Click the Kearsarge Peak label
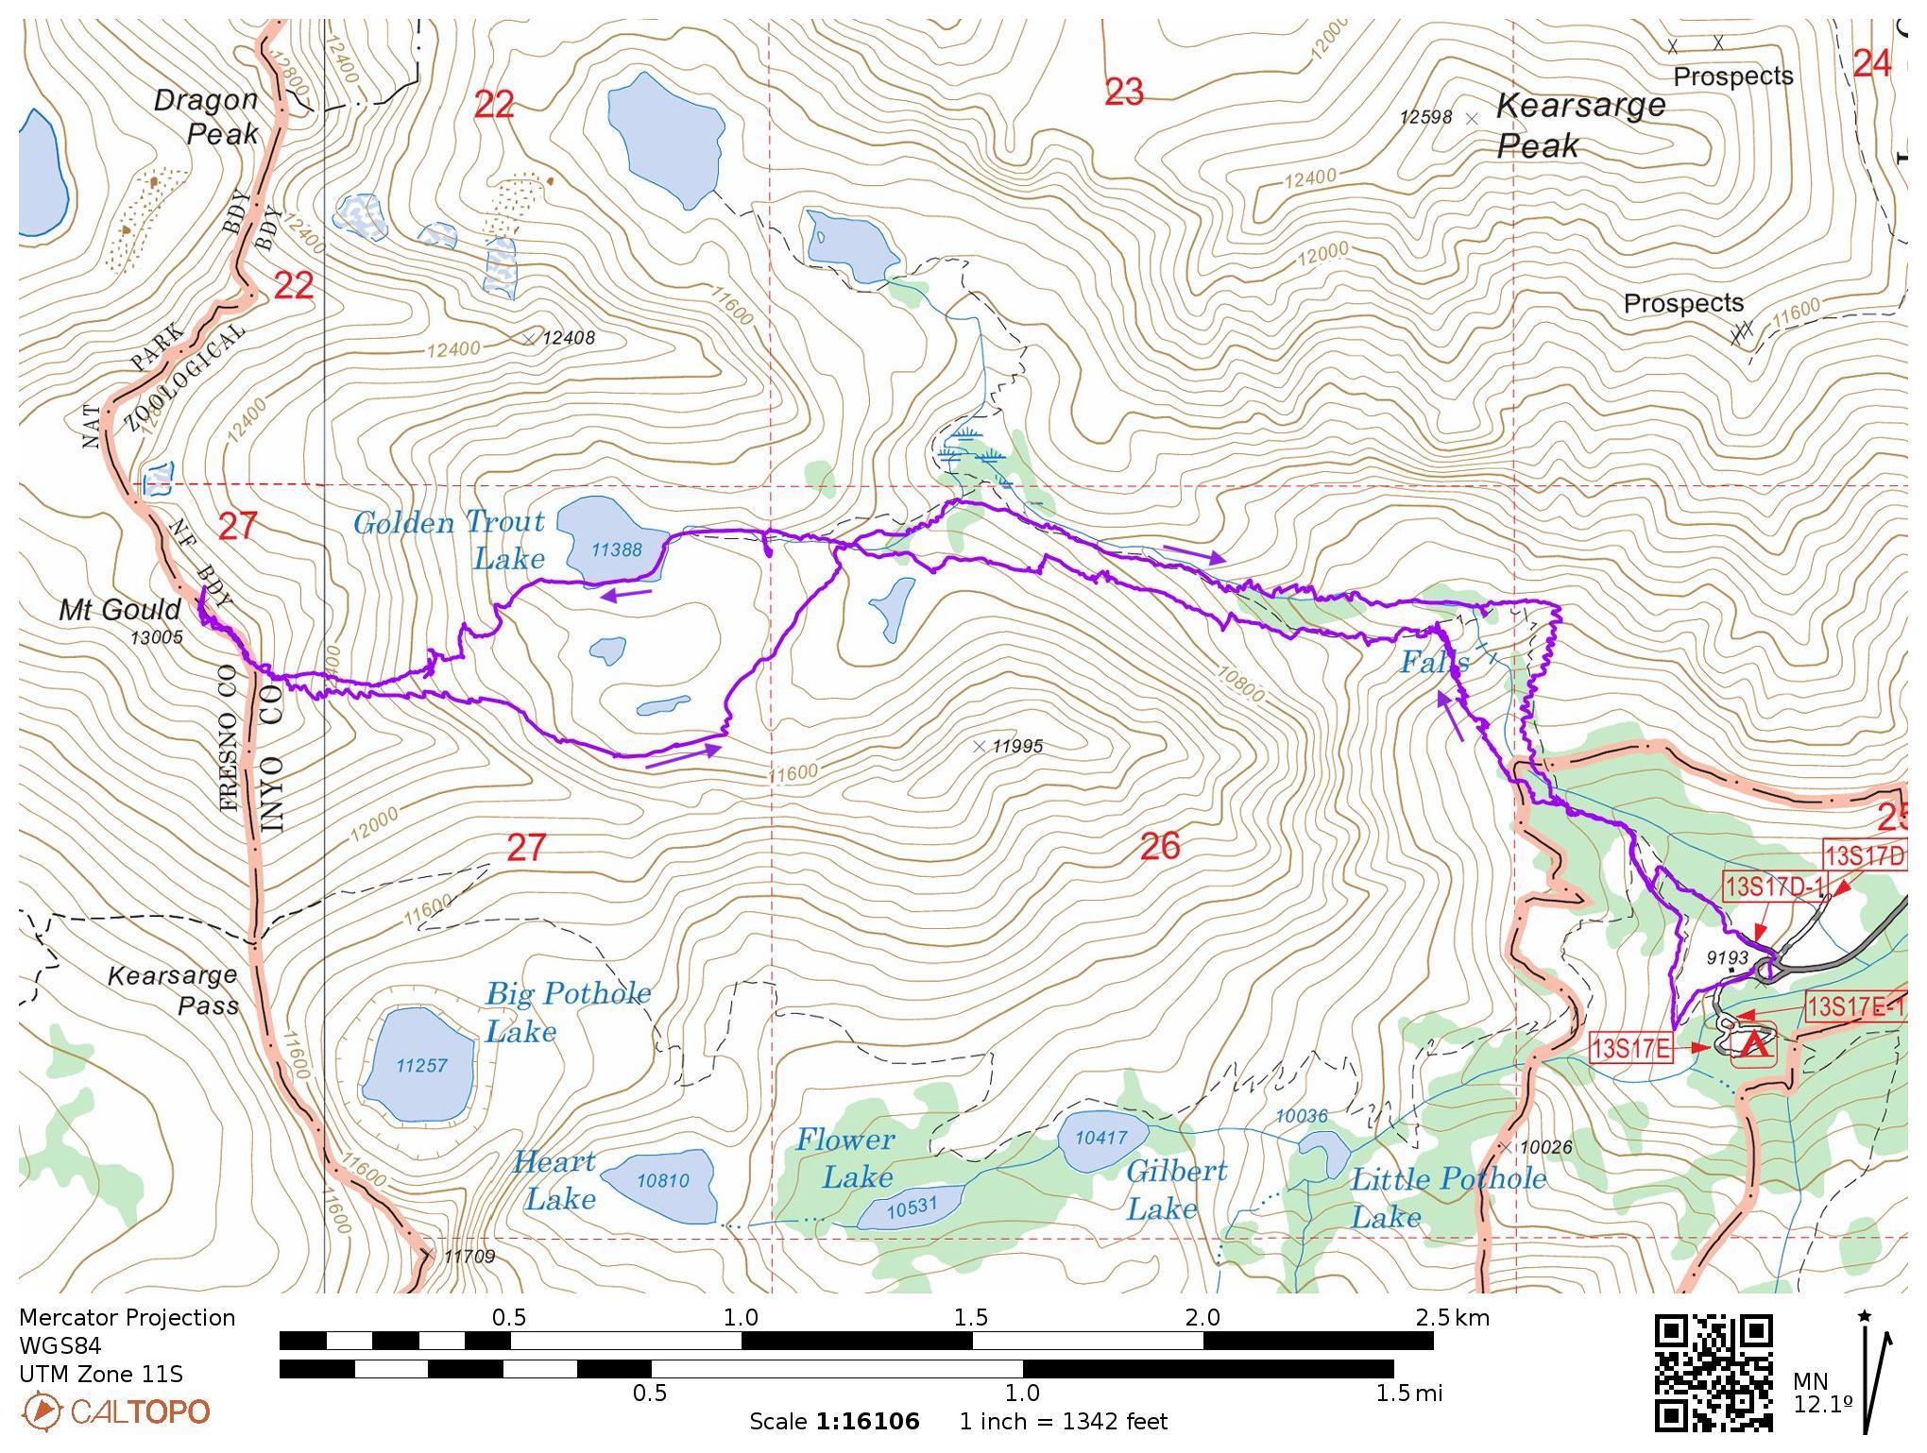coord(1579,126)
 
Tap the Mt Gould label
coord(120,610)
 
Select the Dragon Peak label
coord(208,116)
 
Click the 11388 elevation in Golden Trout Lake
coord(616,549)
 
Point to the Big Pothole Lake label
coord(567,1011)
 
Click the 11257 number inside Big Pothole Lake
coord(421,1065)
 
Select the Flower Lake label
coord(844,1158)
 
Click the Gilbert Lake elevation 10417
coord(1101,1138)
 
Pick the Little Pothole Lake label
coord(1447,1196)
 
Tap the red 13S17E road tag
coord(1631,1048)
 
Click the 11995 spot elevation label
coord(1017,747)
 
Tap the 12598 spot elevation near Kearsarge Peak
coord(1425,117)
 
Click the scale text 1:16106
coord(867,1421)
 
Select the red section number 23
coord(1123,93)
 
